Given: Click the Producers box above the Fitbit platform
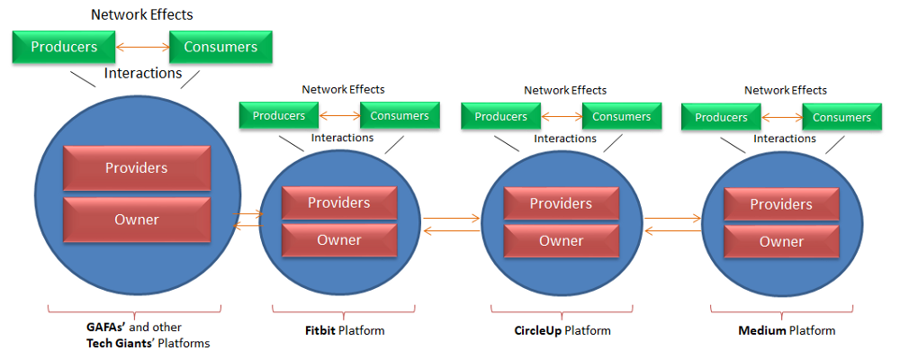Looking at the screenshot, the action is (x=279, y=115).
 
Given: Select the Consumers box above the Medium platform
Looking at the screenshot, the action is (x=842, y=117).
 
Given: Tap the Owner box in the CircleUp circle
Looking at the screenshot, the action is (x=562, y=240).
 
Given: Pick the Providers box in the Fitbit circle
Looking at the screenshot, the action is (x=339, y=202).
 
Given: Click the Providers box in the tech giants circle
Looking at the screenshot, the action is (x=137, y=167).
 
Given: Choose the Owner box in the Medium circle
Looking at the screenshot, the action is (x=782, y=241).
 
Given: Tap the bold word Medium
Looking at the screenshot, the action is (x=762, y=330).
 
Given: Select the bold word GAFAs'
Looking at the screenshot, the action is (x=103, y=328).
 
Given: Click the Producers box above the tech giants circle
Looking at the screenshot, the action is (x=64, y=47).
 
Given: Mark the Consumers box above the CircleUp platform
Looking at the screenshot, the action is (x=622, y=117).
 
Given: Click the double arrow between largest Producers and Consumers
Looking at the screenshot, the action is (x=142, y=47).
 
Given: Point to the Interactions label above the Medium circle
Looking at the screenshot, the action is (x=785, y=139).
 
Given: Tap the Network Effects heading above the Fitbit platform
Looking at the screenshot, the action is (x=343, y=89).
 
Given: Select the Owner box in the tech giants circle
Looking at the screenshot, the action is (x=137, y=220).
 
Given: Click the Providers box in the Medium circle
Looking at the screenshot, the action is (x=782, y=204).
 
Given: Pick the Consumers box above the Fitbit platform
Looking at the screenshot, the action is (x=400, y=115).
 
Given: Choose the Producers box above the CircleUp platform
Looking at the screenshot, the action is (x=501, y=117).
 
